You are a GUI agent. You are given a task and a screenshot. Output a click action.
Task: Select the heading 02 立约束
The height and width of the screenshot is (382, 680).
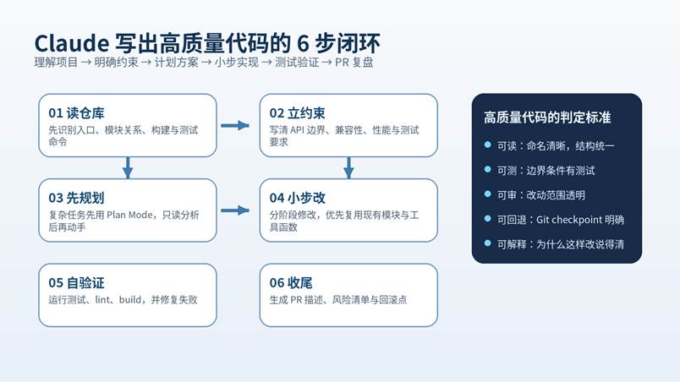coord(298,112)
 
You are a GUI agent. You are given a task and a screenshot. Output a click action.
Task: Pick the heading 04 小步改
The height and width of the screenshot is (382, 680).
coord(298,198)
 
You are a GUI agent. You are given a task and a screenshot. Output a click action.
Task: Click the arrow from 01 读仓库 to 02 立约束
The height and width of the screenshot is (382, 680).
coord(236,126)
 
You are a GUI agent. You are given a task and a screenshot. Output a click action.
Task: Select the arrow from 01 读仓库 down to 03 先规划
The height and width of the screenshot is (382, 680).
coord(128,167)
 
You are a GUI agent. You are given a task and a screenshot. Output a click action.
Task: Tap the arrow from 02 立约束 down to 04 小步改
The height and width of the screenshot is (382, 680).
coord(348,167)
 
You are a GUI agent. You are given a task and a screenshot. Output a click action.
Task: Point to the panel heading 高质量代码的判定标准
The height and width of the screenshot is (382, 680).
coord(546,117)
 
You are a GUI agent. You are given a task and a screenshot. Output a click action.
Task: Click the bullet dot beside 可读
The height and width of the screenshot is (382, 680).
coord(487,145)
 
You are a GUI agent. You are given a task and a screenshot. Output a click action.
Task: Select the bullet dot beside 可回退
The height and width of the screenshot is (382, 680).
coord(487,219)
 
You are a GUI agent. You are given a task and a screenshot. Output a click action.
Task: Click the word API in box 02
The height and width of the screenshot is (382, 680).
coord(301,130)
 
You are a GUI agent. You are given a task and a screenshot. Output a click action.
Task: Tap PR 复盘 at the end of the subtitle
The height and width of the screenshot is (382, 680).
coord(355,63)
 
